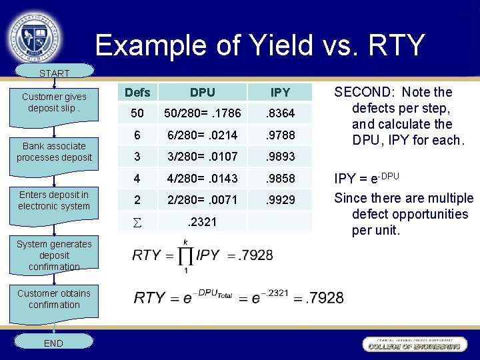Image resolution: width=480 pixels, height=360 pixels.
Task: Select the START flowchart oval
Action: click(x=54, y=73)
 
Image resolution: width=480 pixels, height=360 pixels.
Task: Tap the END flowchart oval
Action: click(x=53, y=343)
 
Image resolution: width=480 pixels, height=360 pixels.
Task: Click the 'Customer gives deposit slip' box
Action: click(x=54, y=102)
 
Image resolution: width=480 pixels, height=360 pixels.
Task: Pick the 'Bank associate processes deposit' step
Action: click(x=54, y=151)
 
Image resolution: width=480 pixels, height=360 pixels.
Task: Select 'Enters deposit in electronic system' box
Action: click(x=54, y=200)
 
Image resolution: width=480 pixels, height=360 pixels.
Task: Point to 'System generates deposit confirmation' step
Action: click(x=54, y=255)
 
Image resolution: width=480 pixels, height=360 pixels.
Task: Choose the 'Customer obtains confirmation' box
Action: click(x=54, y=299)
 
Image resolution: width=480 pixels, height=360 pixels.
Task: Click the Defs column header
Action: click(x=137, y=92)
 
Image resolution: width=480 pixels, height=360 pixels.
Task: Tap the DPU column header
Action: click(x=202, y=92)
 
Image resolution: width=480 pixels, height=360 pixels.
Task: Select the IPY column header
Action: click(x=279, y=92)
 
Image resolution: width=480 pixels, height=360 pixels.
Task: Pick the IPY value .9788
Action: click(x=279, y=135)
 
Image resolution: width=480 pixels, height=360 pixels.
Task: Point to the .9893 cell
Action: click(x=279, y=157)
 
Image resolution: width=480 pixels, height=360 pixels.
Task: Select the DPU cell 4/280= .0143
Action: click(x=202, y=179)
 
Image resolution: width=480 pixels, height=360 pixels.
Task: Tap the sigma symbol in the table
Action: click(x=137, y=221)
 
